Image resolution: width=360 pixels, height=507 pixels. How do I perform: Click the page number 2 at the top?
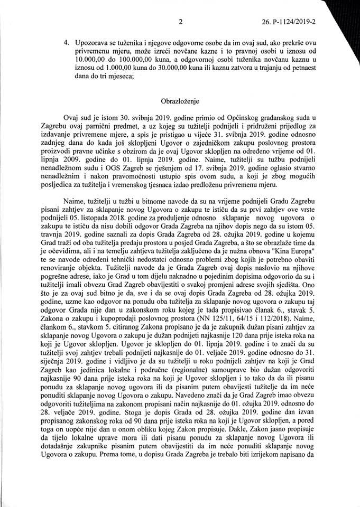pos(181,22)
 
